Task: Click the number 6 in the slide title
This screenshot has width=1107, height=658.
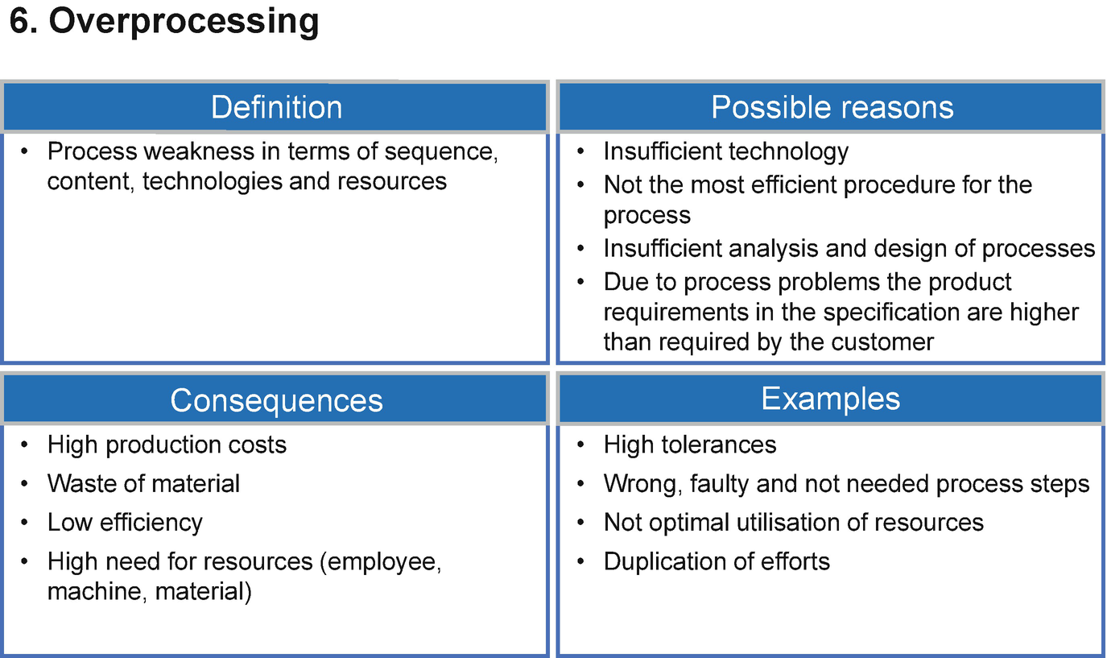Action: click(x=23, y=21)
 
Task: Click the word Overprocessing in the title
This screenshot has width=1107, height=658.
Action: click(x=184, y=23)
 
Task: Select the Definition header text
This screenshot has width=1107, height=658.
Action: click(x=276, y=107)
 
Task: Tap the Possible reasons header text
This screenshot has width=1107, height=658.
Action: click(x=832, y=107)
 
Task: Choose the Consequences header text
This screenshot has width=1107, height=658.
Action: click(x=276, y=400)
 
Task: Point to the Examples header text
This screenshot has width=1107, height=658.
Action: click(x=830, y=399)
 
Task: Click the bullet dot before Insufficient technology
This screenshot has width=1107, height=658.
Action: click(x=580, y=151)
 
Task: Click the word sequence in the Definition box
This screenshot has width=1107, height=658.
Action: click(x=441, y=152)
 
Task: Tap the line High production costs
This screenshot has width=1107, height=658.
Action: click(x=167, y=445)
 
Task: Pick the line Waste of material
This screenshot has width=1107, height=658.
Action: click(x=143, y=483)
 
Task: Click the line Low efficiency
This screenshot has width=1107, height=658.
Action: click(x=125, y=523)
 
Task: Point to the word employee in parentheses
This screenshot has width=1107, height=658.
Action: click(x=381, y=563)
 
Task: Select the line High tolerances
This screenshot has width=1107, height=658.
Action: click(x=690, y=445)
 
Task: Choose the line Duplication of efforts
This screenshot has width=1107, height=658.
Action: click(x=717, y=561)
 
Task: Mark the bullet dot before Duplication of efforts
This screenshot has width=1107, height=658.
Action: click(x=580, y=562)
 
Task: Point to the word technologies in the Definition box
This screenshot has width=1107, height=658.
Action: click(x=212, y=182)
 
